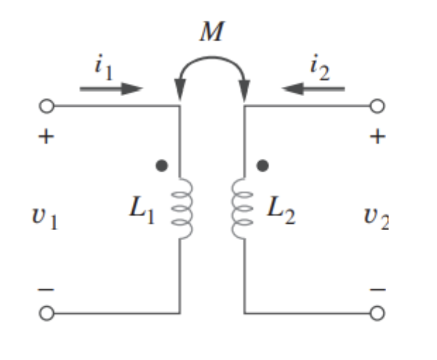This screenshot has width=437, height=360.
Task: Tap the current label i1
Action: (104, 65)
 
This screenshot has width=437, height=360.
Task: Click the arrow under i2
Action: (313, 89)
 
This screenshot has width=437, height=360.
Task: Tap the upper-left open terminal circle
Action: (47, 107)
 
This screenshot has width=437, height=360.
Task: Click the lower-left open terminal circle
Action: (47, 313)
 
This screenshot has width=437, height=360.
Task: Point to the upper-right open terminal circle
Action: (377, 107)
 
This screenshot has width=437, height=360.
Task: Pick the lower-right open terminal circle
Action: (377, 313)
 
